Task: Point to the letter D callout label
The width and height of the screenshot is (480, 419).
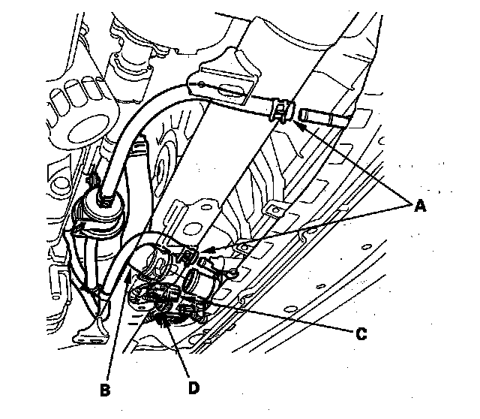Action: pyautogui.click(x=194, y=388)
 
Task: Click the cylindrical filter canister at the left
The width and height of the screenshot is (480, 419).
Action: pyautogui.click(x=99, y=225)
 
